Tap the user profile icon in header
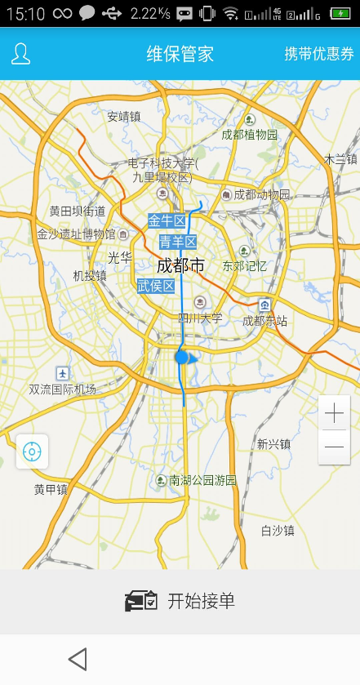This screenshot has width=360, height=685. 20,54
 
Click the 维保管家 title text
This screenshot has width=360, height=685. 180,54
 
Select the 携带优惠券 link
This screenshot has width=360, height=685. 319,54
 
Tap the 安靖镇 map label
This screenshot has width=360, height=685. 123,117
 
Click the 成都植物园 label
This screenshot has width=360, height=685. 250,135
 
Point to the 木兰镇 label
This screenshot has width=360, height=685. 341,159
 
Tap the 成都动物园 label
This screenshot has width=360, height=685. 261,194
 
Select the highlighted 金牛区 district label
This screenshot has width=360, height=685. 167,220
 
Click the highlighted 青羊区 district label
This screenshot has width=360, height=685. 178,242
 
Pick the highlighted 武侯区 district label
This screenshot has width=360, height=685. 156,286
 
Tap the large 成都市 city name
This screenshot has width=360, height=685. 180,265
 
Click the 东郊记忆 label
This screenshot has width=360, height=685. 245,265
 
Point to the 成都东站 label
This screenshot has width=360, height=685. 264,321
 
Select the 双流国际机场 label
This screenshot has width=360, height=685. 62,389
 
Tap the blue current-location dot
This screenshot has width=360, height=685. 182,357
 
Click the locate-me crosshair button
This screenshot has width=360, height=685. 32,451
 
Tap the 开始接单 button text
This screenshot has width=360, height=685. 201,601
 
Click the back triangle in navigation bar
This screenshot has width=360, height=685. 78,659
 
